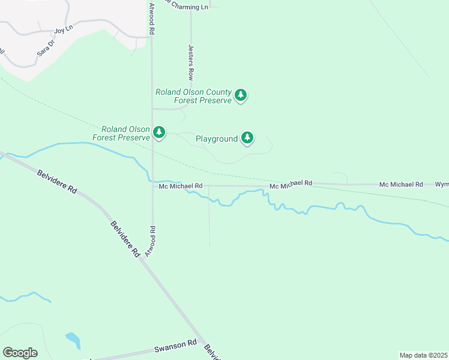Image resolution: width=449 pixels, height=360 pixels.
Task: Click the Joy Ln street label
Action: click(x=63, y=29)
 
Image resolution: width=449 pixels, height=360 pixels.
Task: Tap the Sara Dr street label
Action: click(x=46, y=48)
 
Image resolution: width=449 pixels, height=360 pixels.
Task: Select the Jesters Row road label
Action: click(x=191, y=62)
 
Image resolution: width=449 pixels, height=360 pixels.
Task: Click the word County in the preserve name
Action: click(x=218, y=92)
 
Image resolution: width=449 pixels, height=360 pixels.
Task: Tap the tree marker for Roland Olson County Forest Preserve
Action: click(x=241, y=95)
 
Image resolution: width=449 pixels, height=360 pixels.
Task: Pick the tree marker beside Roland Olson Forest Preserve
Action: click(x=159, y=131)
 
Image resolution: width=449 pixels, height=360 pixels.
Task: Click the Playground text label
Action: click(x=217, y=139)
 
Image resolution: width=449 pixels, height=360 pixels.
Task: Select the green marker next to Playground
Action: click(x=247, y=137)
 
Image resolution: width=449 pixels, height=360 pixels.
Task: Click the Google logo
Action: click(x=20, y=353)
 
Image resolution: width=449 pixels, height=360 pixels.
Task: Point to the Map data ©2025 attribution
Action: click(x=424, y=355)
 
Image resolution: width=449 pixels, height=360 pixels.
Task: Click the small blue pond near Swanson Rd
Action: click(x=73, y=340)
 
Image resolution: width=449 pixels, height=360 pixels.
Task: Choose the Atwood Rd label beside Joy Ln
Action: click(x=152, y=18)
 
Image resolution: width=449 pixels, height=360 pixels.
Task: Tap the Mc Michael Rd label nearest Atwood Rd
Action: click(x=181, y=186)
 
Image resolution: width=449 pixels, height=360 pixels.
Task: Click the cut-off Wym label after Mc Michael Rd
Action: click(x=442, y=184)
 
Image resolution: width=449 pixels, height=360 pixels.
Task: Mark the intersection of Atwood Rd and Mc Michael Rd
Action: click(x=152, y=186)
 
